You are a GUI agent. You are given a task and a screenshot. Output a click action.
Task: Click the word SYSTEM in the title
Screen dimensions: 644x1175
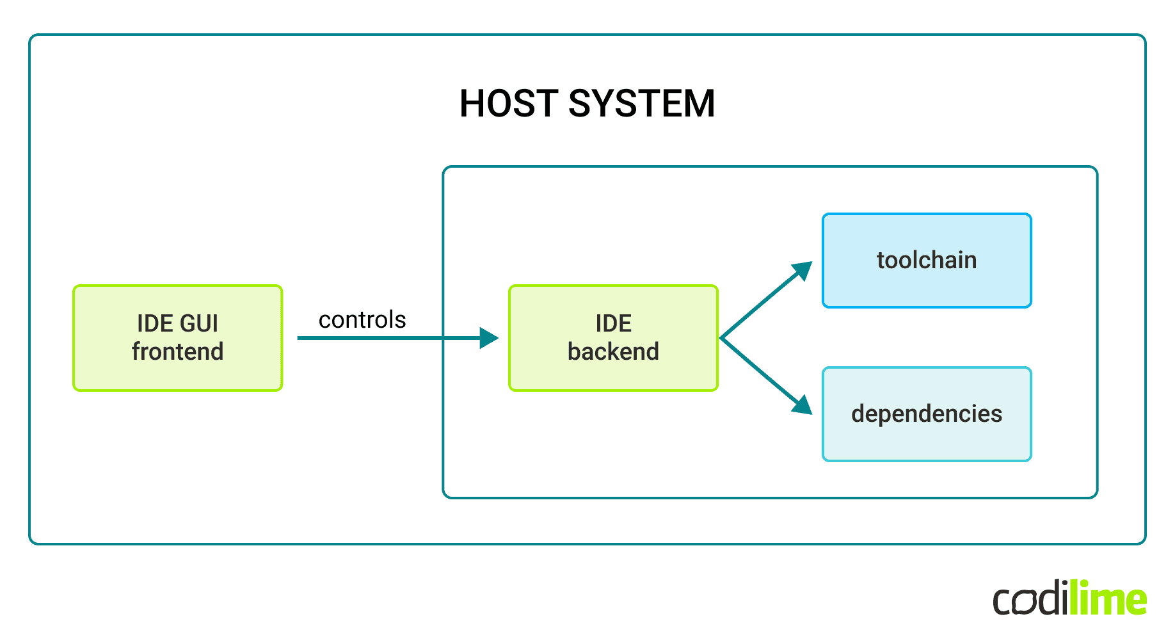641,104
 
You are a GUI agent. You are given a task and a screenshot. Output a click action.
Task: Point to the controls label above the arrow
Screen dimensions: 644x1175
362,319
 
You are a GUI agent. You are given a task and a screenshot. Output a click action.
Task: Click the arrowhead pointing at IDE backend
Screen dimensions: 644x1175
489,338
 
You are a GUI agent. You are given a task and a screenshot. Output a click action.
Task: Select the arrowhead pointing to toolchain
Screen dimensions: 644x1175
803,270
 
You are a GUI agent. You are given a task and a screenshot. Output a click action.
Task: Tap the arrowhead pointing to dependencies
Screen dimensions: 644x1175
803,405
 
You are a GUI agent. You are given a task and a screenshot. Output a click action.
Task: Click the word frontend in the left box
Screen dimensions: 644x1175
177,351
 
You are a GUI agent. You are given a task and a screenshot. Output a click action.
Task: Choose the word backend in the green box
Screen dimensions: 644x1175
613,351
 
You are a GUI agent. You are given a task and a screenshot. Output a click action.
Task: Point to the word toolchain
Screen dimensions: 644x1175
926,260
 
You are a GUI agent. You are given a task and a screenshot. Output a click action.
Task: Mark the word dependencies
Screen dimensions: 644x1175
926,414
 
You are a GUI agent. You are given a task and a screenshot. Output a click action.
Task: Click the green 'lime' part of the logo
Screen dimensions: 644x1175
1108,599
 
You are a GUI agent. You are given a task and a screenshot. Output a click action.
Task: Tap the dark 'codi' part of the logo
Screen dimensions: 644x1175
1030,600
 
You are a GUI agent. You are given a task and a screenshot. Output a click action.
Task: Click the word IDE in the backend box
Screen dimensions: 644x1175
613,323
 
